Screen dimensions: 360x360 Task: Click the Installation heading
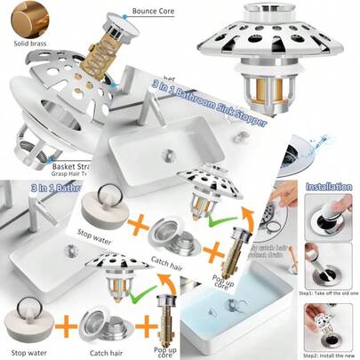tap(329, 188)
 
